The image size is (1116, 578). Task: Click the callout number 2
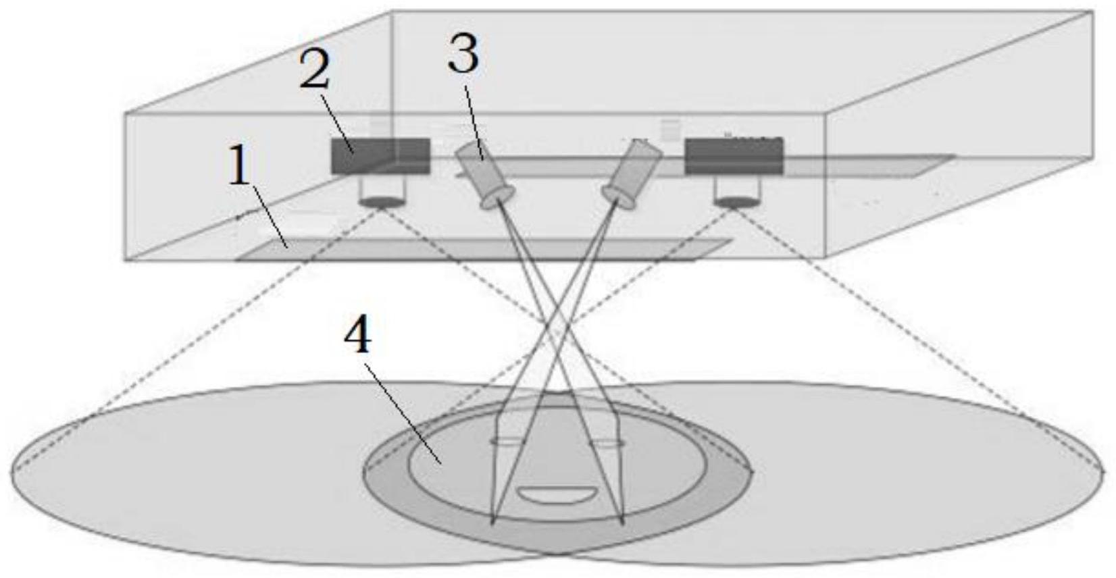click(x=314, y=70)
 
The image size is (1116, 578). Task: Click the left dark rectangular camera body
click(x=380, y=157)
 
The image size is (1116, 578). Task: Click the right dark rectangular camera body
click(x=734, y=157)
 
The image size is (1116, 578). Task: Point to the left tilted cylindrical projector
click(x=485, y=174)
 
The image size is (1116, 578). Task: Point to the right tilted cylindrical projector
click(x=632, y=174)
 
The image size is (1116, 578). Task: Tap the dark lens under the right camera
click(x=737, y=202)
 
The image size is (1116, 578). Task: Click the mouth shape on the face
click(x=557, y=494)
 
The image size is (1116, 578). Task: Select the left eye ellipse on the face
click(x=507, y=441)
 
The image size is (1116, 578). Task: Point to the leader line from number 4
click(x=403, y=414)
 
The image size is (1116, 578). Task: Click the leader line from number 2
click(x=337, y=122)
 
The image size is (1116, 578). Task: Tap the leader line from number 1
click(x=270, y=217)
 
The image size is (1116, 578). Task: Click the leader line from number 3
click(x=474, y=122)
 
